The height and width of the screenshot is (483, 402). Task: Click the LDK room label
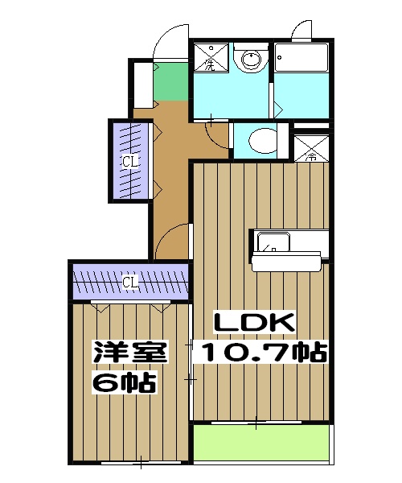(x=255, y=322)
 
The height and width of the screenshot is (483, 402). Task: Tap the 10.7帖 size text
(x=263, y=352)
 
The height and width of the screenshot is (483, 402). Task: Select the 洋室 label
(x=129, y=352)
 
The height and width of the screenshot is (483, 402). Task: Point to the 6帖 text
(x=124, y=382)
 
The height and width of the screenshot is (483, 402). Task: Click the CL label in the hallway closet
(x=130, y=162)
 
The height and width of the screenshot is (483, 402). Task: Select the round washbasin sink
(x=252, y=59)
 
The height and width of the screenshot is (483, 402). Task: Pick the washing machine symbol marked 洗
(x=209, y=58)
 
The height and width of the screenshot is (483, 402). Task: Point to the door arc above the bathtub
(x=302, y=32)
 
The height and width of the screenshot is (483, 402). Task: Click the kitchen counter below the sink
(x=287, y=261)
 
